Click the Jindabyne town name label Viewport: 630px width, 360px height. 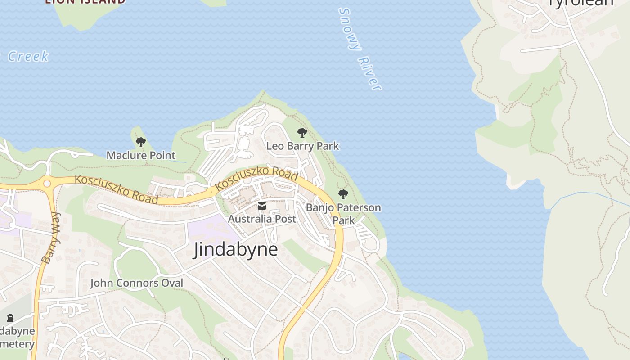(x=235, y=249)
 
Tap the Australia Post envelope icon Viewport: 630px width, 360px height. (x=261, y=207)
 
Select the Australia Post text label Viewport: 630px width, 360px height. (x=262, y=219)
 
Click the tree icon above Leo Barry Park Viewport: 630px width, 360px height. (x=302, y=133)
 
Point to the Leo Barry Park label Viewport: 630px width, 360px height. (x=302, y=146)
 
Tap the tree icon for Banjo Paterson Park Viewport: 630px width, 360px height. (x=343, y=194)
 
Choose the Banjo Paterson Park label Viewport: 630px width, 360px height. (x=343, y=214)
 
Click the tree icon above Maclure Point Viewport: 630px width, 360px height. (x=141, y=143)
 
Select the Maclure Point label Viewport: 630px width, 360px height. (x=141, y=155)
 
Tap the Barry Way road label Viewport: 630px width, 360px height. (x=50, y=238)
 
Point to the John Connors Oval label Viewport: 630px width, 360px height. (x=137, y=283)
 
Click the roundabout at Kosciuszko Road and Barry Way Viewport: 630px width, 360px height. (x=47, y=184)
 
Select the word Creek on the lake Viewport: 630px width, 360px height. (x=28, y=57)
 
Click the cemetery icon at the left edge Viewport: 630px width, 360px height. (x=10, y=318)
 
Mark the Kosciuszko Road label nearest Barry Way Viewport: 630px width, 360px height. (x=117, y=189)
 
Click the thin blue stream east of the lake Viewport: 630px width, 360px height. (x=585, y=194)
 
